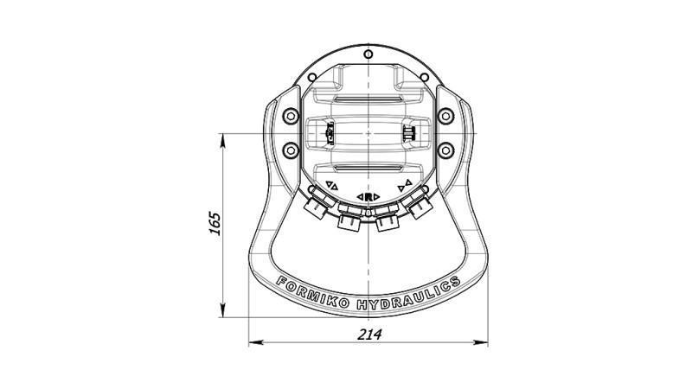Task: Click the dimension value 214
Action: point(367,334)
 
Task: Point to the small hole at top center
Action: point(369,54)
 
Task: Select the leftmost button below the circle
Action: point(317,206)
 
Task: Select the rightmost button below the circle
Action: point(420,206)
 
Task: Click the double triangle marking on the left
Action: point(331,184)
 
